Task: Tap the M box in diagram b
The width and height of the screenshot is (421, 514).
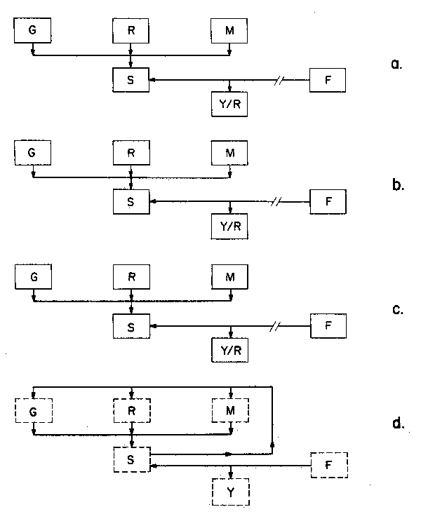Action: [x=230, y=152]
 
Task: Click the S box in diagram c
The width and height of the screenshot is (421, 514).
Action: [x=131, y=325]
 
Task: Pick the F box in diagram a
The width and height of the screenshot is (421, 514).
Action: [x=328, y=81]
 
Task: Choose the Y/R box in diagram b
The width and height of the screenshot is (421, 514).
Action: [x=230, y=226]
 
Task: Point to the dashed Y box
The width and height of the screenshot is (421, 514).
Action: [x=230, y=492]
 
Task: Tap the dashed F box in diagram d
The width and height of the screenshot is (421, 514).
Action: [x=328, y=464]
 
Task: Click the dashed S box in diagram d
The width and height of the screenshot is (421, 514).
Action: [x=131, y=459]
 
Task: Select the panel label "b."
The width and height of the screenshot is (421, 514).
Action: [x=396, y=187]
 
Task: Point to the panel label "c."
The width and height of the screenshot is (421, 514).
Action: [x=396, y=309]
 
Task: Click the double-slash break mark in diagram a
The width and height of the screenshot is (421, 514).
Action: [x=279, y=81]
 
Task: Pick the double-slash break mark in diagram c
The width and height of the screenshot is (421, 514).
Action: [x=279, y=325]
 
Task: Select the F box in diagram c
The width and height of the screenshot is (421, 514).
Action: [x=328, y=325]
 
